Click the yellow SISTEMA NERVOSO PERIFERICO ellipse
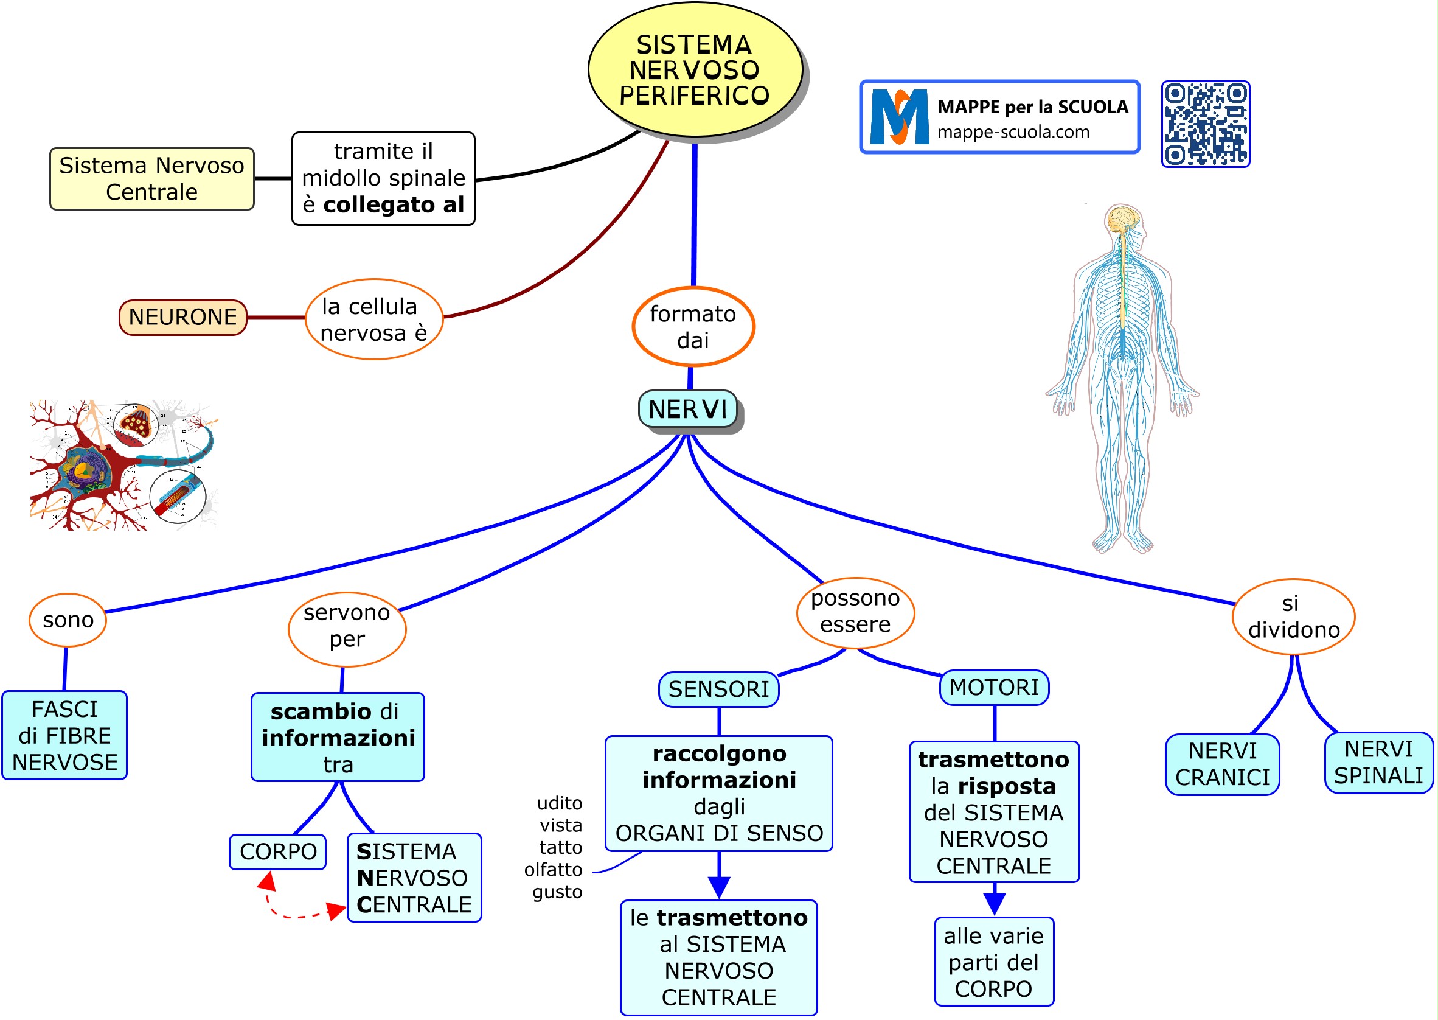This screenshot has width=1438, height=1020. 694,70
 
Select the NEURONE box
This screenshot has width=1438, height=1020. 182,317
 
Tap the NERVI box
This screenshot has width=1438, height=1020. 687,409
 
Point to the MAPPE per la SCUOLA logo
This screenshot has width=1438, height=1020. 999,117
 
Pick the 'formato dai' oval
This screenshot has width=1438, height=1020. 693,327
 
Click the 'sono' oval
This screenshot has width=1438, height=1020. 68,620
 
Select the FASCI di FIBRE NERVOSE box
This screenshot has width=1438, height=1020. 64,735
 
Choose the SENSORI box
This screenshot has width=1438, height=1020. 718,689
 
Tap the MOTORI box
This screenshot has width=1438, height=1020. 993,687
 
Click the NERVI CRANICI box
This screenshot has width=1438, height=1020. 1221,764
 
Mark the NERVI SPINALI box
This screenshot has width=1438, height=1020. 1378,762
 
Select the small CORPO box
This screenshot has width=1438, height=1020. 277,851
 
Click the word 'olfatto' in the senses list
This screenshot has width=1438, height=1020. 553,869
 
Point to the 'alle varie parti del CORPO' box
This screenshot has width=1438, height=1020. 993,962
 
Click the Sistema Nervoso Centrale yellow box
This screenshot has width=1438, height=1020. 152,178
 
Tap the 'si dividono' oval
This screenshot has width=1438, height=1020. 1293,616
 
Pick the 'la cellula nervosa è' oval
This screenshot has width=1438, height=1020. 374,319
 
